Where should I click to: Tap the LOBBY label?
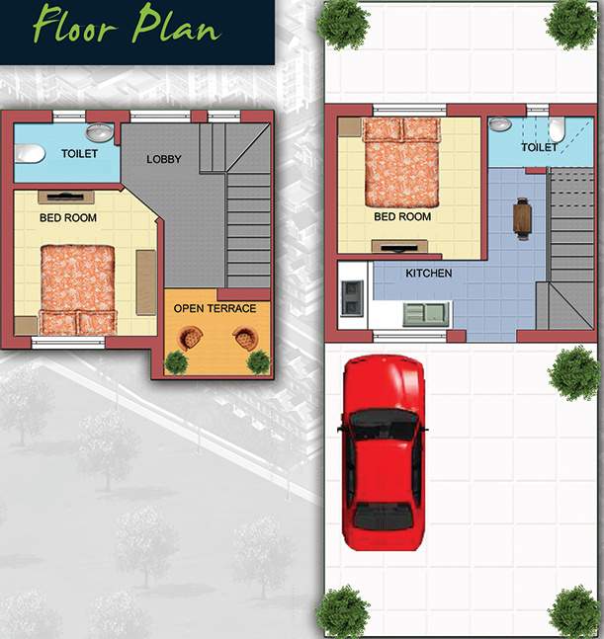coord(164,159)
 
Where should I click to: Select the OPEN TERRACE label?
coord(215,308)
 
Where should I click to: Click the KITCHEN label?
coord(428,274)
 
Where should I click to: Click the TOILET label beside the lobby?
coord(79,154)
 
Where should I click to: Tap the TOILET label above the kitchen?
coord(539,147)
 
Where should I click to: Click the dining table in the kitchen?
coord(522,216)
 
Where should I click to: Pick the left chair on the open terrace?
coord(189,339)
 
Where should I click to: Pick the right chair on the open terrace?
coord(243,339)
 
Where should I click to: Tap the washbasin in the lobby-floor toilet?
coord(99,132)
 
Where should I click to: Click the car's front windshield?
coord(384,425)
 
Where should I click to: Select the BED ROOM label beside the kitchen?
coord(402,216)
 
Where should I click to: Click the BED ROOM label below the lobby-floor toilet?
coord(67,217)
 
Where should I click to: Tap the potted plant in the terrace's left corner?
coord(176,361)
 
